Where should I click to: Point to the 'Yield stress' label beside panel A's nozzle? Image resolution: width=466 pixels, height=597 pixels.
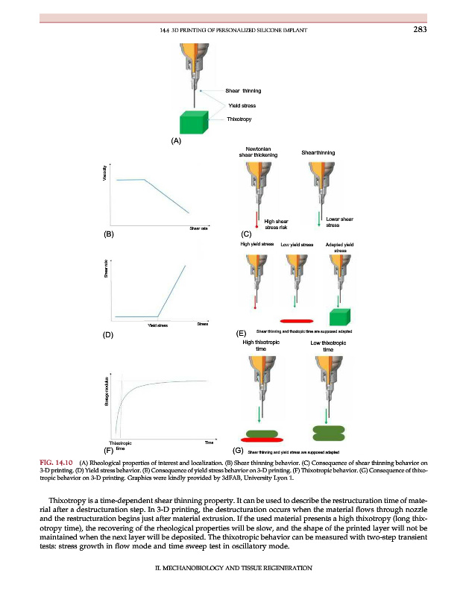(242, 105)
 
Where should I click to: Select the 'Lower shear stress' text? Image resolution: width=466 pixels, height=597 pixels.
(339, 221)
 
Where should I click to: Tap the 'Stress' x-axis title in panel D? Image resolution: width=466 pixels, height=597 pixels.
(202, 323)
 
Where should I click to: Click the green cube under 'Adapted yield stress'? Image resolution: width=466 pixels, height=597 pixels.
(340, 316)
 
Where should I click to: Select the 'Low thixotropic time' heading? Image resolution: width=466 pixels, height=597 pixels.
(327, 346)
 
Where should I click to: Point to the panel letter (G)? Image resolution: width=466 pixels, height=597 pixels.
(239, 450)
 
